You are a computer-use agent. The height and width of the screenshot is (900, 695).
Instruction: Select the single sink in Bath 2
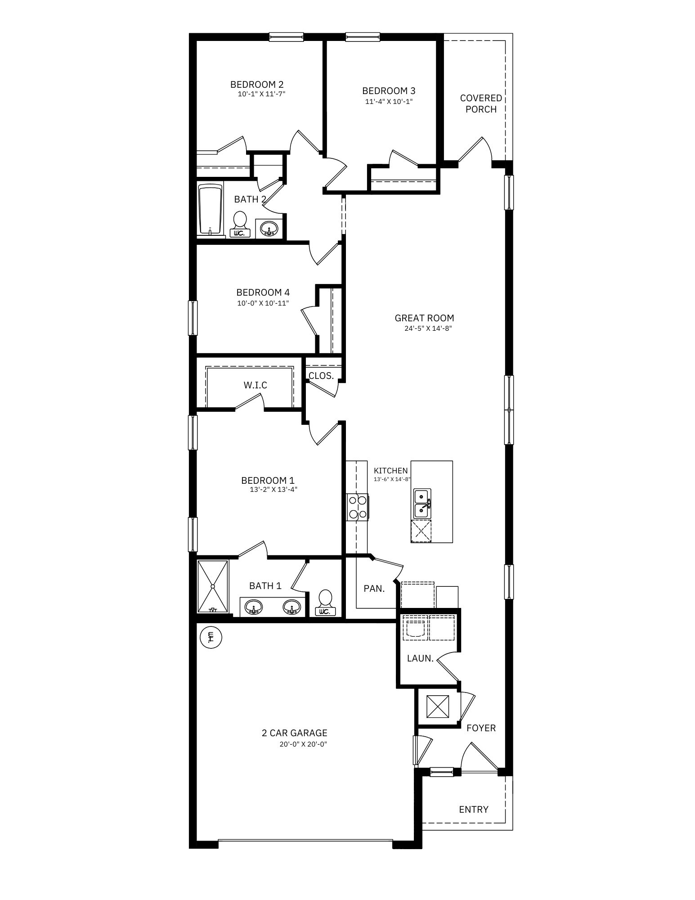coord(269,229)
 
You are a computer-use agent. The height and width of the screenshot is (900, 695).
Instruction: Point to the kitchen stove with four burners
coord(357,507)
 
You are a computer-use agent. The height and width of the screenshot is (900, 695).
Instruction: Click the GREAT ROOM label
coord(424,318)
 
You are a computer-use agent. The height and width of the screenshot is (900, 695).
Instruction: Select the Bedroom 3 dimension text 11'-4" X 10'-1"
coord(389,102)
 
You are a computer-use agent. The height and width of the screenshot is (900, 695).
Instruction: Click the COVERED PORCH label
coord(481,103)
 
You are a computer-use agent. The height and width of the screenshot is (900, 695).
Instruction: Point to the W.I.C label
coord(256,385)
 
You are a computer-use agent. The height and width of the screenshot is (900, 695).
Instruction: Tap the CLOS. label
coord(321,376)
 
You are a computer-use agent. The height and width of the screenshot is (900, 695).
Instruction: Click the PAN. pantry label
coord(374,588)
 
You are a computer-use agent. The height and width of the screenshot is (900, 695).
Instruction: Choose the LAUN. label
coord(420,658)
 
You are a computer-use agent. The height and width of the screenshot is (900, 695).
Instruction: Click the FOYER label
coord(481,728)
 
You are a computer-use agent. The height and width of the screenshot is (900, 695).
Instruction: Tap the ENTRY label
coord(473,810)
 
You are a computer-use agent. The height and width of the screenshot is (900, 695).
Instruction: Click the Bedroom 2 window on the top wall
coord(286,37)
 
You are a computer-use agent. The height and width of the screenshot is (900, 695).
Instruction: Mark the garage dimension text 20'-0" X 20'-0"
coord(303,744)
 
